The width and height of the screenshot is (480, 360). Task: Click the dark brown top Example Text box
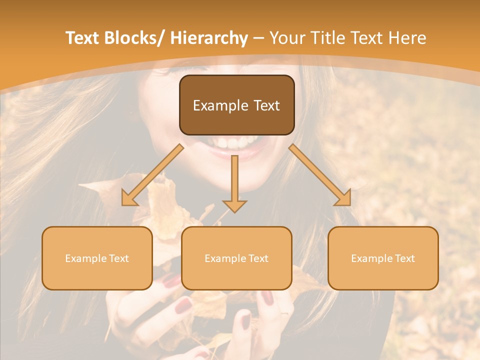pos(236,105)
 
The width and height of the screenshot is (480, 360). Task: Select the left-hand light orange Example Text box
pos(97,258)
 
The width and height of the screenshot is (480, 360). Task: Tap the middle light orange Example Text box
pos(236,258)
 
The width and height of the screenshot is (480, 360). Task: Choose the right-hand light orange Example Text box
pos(383,258)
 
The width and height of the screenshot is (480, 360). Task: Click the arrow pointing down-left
pos(152,175)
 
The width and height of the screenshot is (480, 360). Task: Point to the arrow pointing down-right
pos(320,175)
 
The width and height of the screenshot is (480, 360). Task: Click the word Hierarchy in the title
pos(209,38)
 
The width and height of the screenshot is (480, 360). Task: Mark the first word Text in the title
pos(83,38)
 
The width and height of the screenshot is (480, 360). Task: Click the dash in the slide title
pos(259,38)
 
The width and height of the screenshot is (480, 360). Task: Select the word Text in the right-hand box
pos(405,258)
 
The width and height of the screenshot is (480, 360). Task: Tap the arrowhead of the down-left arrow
pos(129,199)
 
